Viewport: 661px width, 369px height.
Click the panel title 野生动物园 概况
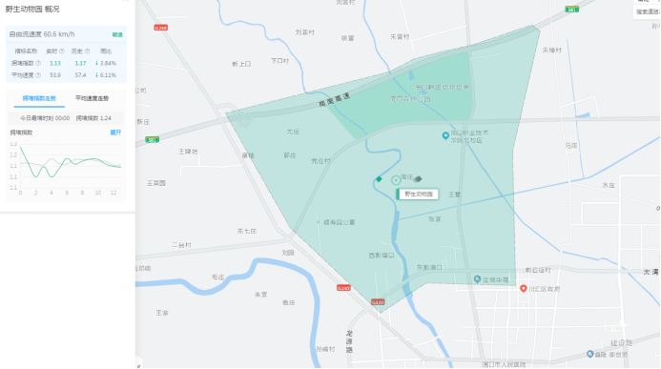coord(31,9)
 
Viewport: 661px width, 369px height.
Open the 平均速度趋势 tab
coord(92,98)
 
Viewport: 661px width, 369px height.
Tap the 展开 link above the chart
coord(115,132)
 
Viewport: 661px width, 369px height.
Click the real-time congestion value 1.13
coord(55,63)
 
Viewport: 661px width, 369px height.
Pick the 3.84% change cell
coord(106,63)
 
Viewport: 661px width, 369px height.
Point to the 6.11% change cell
coord(106,74)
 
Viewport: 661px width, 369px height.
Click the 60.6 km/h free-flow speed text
coord(58,33)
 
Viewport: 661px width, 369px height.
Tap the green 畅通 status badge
coord(116,33)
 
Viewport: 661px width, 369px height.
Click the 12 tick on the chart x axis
coord(114,193)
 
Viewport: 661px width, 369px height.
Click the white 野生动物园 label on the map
coord(418,194)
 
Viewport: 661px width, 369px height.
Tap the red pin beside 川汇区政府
coord(523,288)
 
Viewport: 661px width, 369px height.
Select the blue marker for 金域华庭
coord(477,279)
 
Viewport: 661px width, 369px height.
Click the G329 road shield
coord(379,302)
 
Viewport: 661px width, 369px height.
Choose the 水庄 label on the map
coord(608,186)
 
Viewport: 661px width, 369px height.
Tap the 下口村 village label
coord(279,60)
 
